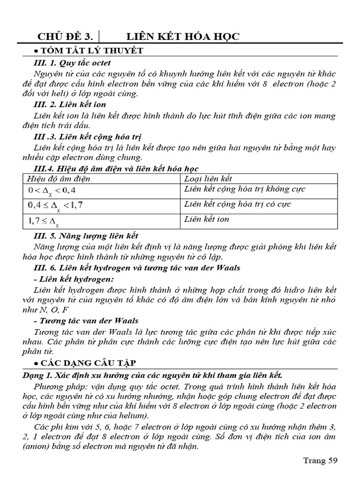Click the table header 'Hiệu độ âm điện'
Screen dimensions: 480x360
[59, 179]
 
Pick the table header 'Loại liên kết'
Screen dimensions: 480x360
[208, 179]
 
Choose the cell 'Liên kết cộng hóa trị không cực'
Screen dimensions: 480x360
[245, 189]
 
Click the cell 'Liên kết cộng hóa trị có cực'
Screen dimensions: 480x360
[238, 204]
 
